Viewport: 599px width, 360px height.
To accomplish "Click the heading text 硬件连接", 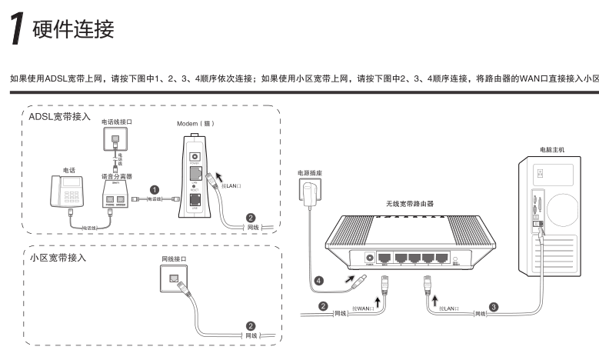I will point(73,30).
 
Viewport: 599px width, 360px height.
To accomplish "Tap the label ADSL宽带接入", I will point(59,118).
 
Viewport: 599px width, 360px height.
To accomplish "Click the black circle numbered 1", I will point(154,189).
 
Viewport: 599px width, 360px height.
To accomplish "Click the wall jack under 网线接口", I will point(173,275).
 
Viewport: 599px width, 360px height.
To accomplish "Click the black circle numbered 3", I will point(494,306).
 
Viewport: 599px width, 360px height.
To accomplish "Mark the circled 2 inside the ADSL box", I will point(250,218).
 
